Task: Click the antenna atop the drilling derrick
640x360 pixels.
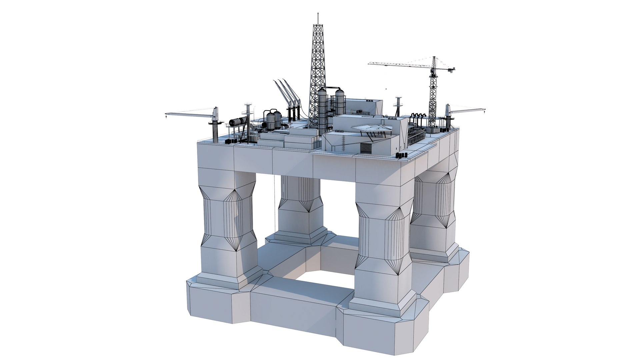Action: coord(318,18)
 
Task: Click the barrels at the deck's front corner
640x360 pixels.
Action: coord(402,155)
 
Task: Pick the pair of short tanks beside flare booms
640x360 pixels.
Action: coord(273,120)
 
